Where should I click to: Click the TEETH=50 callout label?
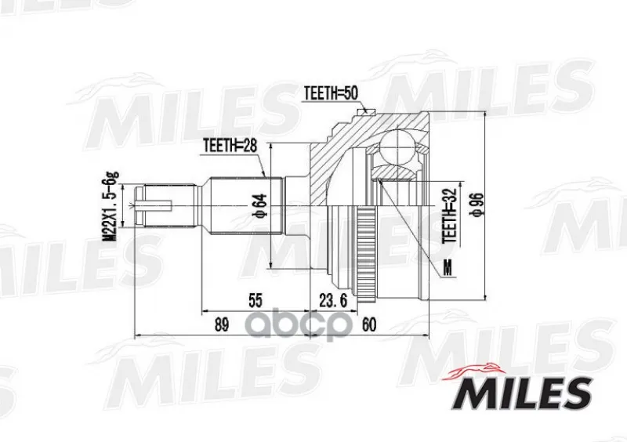pos(331,93)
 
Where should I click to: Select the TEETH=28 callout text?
pos(229,145)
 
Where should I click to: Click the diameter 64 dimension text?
pos(260,206)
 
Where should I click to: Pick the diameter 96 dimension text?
pos(477,205)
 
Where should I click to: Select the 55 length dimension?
pos(256,300)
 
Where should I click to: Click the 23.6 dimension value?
pos(332,300)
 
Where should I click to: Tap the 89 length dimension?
pos(222,324)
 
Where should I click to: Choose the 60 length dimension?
pos(368,324)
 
